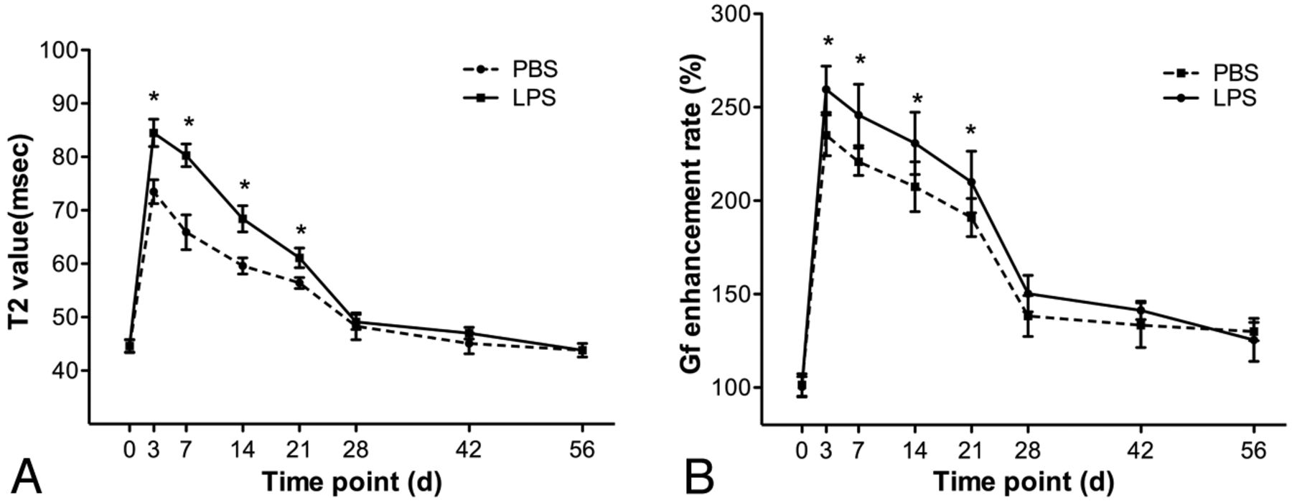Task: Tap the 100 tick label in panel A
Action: [x=60, y=50]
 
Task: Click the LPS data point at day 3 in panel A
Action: [x=154, y=133]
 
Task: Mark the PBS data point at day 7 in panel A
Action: [x=186, y=231]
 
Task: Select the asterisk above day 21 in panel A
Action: [x=301, y=231]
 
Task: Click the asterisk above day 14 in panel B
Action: [x=917, y=100]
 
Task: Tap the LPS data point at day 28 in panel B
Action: [x=1028, y=293]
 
